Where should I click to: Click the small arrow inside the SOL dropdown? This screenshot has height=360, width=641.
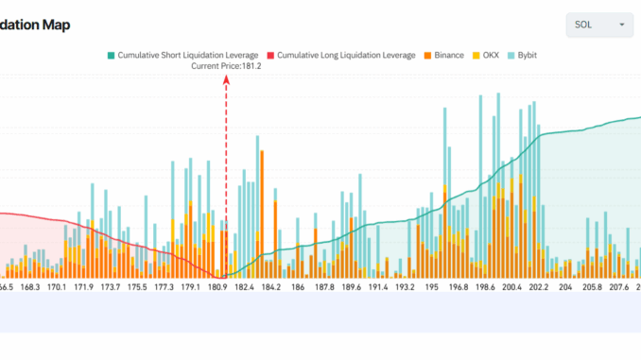point(621,25)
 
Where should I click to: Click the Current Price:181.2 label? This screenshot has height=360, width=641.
point(226,66)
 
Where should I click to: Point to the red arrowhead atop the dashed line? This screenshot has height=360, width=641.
point(226,80)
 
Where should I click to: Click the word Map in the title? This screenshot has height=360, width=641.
point(55,26)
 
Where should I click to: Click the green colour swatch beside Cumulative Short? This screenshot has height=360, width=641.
point(111,56)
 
